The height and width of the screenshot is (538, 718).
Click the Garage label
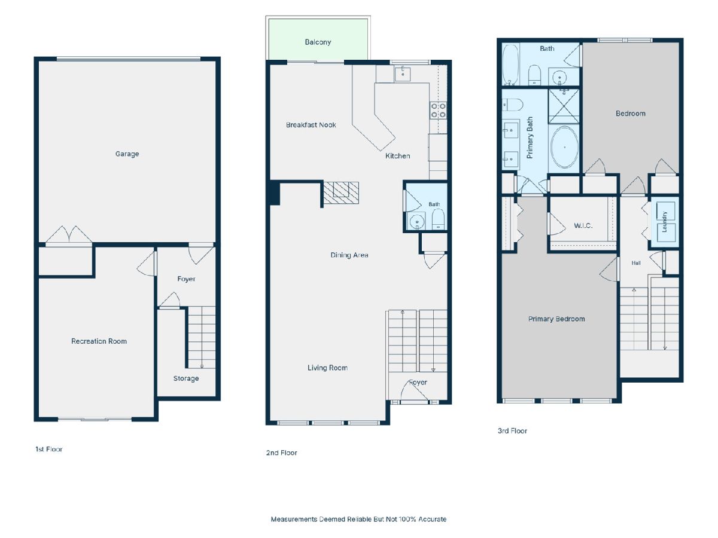coord(127,154)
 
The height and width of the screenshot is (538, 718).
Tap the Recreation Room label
coord(99,341)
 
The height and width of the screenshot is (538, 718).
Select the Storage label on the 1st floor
coord(186,378)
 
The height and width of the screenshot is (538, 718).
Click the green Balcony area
coord(318,39)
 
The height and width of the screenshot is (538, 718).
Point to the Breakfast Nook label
coord(311,125)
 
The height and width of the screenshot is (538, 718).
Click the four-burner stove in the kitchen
coord(438,110)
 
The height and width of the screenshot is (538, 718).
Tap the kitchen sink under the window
coord(402,74)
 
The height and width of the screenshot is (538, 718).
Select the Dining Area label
coord(349,255)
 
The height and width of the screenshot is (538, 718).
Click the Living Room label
coord(327,368)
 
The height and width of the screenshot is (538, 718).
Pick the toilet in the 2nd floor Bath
coord(438,219)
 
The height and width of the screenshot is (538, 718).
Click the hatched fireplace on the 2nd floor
coord(341,192)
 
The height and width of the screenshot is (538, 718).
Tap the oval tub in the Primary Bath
coord(564,147)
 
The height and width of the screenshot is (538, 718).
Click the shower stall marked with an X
coord(564,106)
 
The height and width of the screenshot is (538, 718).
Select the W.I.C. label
coord(583,225)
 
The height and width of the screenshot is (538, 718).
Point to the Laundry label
coord(664,222)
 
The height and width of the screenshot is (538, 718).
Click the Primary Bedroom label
coord(556,319)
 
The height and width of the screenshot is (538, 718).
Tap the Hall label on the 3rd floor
coord(636,263)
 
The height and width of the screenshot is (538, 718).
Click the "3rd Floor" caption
coord(512,431)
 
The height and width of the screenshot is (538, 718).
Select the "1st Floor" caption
coord(48,449)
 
